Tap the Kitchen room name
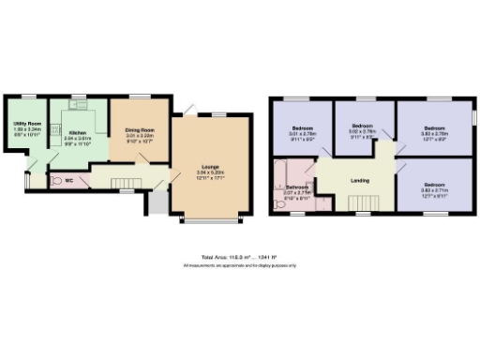(78, 132)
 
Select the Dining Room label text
(140, 130)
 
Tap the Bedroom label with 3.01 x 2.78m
(303, 127)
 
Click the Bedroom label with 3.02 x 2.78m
(363, 126)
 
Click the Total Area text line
(239, 257)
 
